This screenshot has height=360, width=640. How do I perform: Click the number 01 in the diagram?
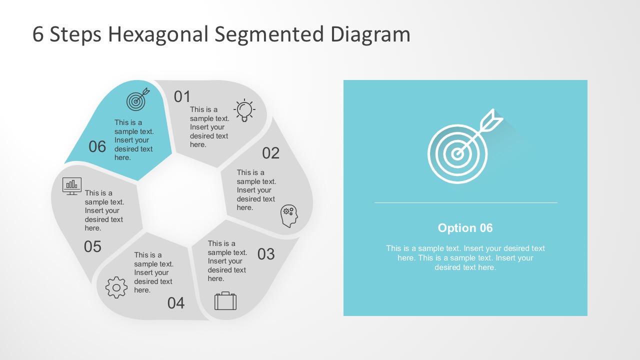pos(182,96)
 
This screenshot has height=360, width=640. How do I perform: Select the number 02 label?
pos(270,153)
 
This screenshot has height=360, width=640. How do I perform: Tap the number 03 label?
pos(266,254)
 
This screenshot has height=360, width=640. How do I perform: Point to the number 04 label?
pos(176,303)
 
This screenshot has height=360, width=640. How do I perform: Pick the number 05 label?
pos(92,246)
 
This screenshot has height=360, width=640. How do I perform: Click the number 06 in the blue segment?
pos(97,146)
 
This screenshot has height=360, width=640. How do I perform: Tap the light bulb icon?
pos(244,110)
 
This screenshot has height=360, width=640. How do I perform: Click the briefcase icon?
pos(225,301)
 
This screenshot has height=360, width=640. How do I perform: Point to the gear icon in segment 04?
pos(116,287)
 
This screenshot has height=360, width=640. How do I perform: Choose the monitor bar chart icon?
pos(72,185)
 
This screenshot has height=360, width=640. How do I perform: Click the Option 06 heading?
pos(465,228)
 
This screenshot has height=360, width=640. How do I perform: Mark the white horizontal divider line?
pos(465,202)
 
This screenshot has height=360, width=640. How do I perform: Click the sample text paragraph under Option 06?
pos(465,257)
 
